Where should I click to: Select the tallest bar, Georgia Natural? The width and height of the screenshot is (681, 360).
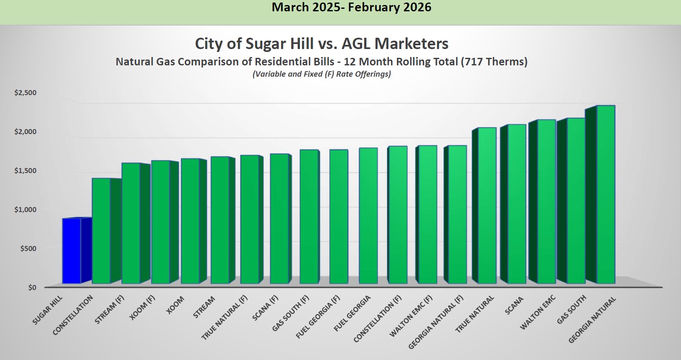point(606,194)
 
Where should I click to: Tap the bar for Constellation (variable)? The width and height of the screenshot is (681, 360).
point(101,231)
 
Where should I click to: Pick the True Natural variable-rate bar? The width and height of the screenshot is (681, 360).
point(487,205)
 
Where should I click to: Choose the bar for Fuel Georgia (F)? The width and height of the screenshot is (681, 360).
point(339,216)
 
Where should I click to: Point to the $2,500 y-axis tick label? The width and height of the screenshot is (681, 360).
point(26,93)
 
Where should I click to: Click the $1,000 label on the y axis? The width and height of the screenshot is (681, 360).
point(26,210)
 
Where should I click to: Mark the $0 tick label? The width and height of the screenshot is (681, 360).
point(32,287)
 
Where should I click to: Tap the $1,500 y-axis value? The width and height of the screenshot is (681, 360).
point(26,171)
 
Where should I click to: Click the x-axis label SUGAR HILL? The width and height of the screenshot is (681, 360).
point(47,310)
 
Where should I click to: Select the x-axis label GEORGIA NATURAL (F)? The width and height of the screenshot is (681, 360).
point(436,322)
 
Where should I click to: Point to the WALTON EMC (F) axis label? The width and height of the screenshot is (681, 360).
point(411,316)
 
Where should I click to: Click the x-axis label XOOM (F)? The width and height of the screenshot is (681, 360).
point(142,307)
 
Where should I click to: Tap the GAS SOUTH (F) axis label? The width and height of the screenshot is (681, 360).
point(290,313)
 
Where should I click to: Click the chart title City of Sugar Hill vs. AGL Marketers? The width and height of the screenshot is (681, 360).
point(321,44)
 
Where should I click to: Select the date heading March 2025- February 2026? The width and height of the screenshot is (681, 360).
point(351,8)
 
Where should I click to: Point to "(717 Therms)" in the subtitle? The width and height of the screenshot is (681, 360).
point(494,62)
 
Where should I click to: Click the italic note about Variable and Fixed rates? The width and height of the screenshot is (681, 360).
point(321,74)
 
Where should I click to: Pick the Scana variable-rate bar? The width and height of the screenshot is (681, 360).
point(517,204)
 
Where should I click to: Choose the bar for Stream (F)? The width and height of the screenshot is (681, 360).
point(131,223)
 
